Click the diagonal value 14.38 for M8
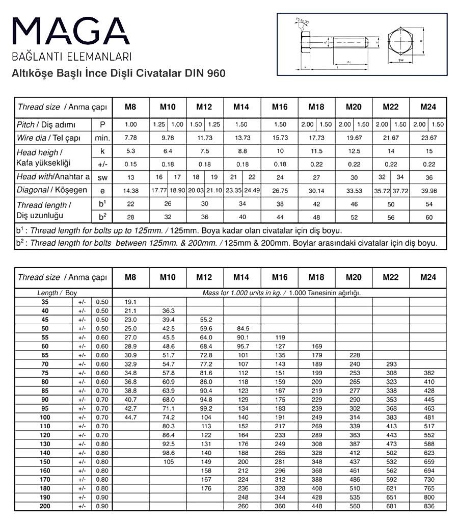[131, 190]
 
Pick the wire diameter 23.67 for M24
[428, 138]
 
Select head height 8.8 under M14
[243, 151]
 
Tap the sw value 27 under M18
[316, 177]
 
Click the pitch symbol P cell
[102, 124]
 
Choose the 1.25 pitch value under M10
[158, 124]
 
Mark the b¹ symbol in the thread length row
[102, 204]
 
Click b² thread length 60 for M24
[428, 217]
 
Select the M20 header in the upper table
[354, 107]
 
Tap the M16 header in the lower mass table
[279, 277]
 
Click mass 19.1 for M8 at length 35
[131, 302]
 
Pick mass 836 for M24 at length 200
[428, 506]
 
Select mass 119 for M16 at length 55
[279, 337]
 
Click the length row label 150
[45, 462]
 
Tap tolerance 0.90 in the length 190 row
[102, 497]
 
